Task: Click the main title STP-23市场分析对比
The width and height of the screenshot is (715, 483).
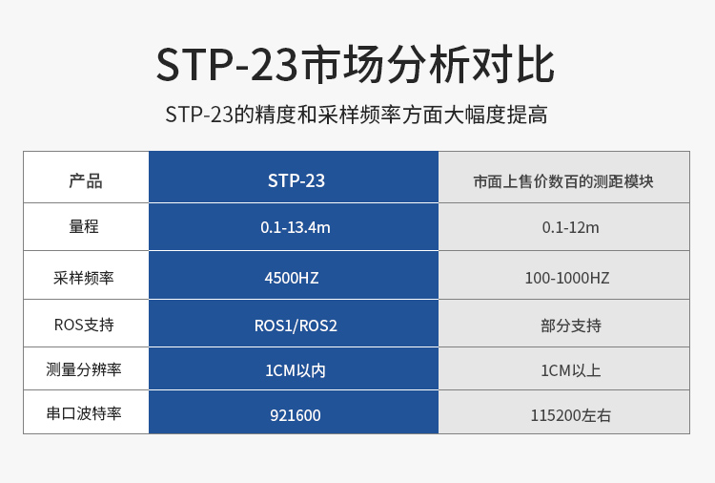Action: click(x=356, y=64)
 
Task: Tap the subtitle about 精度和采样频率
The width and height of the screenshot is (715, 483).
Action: click(x=357, y=115)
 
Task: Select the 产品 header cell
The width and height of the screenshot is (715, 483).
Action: click(x=86, y=180)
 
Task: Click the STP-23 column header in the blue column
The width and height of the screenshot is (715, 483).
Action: click(x=296, y=180)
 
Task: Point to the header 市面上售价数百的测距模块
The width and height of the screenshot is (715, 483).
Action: click(x=563, y=181)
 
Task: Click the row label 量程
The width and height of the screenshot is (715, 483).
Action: click(x=84, y=226)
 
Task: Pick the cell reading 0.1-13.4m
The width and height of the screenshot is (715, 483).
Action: click(x=295, y=227)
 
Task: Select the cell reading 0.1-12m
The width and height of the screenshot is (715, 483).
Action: click(x=570, y=227)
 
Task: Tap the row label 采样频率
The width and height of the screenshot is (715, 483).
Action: click(x=84, y=278)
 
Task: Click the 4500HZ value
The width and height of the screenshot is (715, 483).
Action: click(x=292, y=278)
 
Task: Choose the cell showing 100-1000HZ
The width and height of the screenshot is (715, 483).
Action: click(x=567, y=278)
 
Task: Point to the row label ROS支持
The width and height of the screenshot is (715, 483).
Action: click(x=84, y=325)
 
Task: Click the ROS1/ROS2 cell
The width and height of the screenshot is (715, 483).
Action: click(x=296, y=325)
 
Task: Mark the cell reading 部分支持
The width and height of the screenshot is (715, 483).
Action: click(x=571, y=325)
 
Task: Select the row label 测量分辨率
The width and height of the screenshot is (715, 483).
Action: click(x=84, y=369)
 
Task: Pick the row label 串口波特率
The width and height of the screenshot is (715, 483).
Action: click(x=84, y=413)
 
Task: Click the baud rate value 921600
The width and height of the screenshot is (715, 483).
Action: click(x=295, y=415)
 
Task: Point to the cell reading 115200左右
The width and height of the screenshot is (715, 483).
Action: click(x=570, y=415)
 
